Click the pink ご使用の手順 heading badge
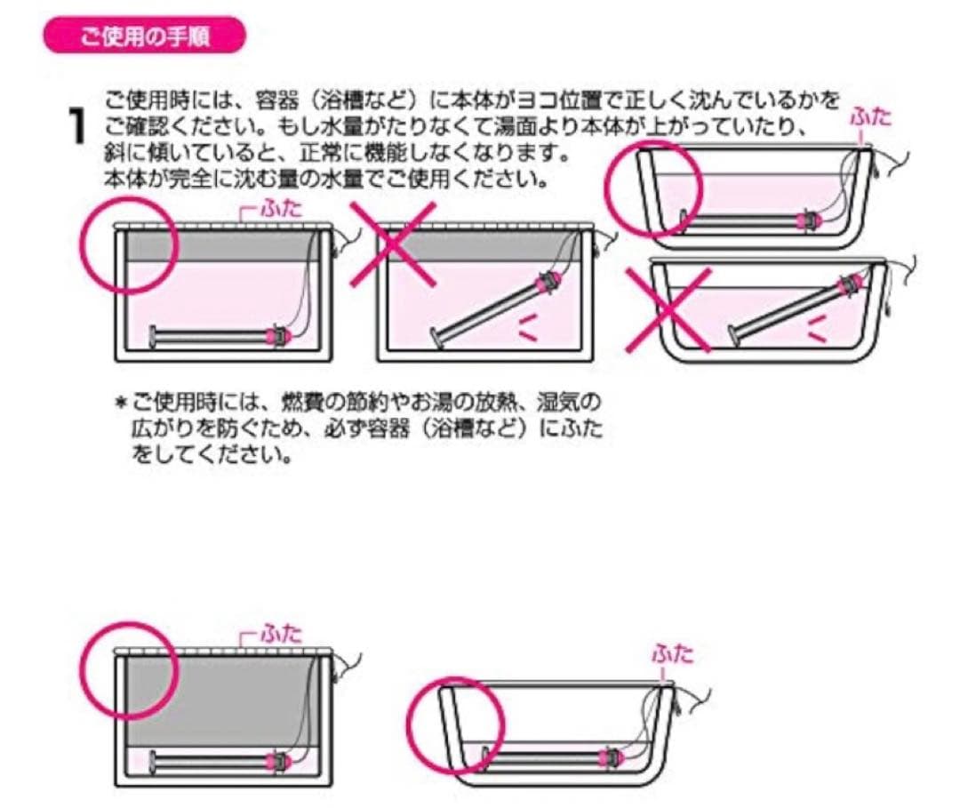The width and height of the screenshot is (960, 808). (x=142, y=36)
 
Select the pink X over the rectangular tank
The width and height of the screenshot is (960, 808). (x=392, y=244)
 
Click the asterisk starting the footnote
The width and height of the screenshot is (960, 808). (x=121, y=403)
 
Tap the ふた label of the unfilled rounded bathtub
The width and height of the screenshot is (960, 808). (x=672, y=655)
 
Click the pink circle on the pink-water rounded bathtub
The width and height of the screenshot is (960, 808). (x=653, y=188)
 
